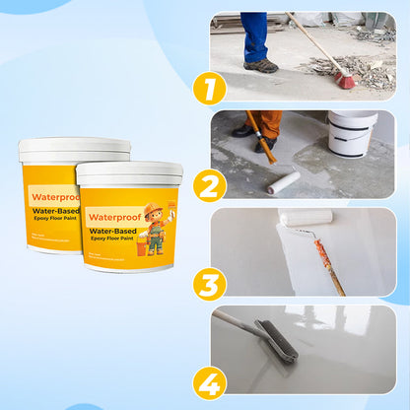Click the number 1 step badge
(209, 89)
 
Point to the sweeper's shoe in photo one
(260, 66)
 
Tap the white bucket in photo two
(352, 134)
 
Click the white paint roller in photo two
(284, 182)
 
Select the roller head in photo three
(306, 218)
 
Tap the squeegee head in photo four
(276, 341)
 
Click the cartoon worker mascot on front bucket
(155, 228)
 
